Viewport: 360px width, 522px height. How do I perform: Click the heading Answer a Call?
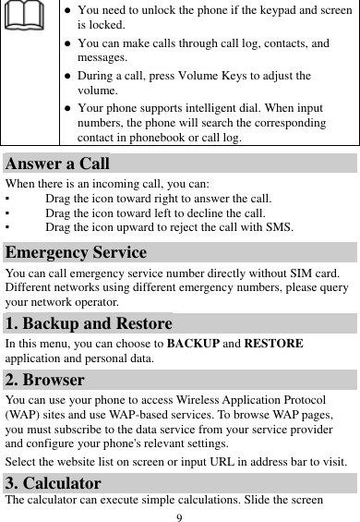coord(57,164)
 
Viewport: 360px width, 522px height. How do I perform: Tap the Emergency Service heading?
coord(75,252)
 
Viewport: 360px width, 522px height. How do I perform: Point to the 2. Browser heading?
coord(45,380)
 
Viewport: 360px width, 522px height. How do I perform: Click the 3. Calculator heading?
coord(54,482)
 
